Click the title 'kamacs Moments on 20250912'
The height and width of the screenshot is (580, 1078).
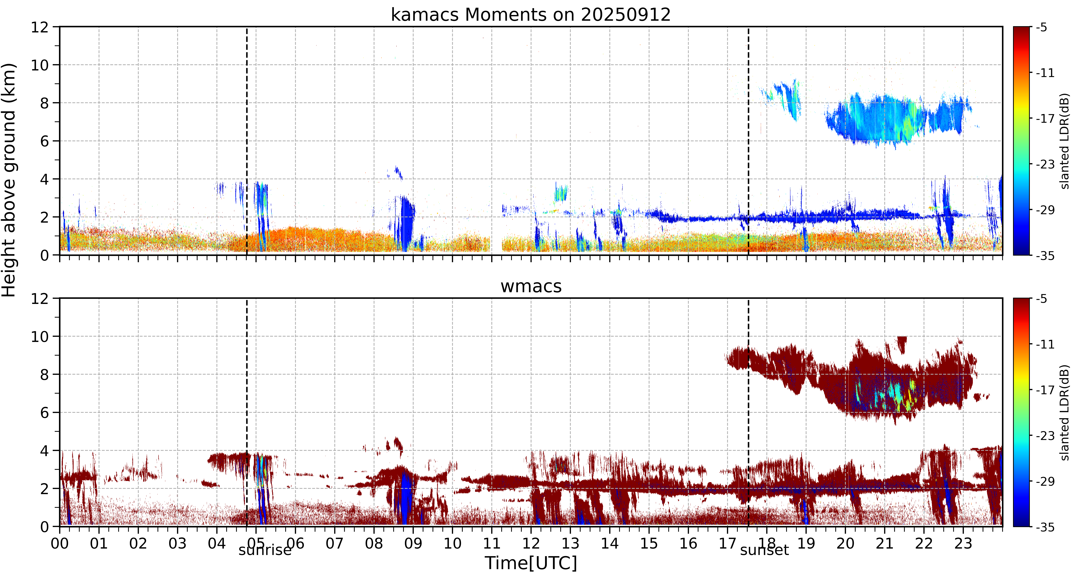coord(531,15)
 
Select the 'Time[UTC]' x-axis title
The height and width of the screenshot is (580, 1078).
coord(531,563)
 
